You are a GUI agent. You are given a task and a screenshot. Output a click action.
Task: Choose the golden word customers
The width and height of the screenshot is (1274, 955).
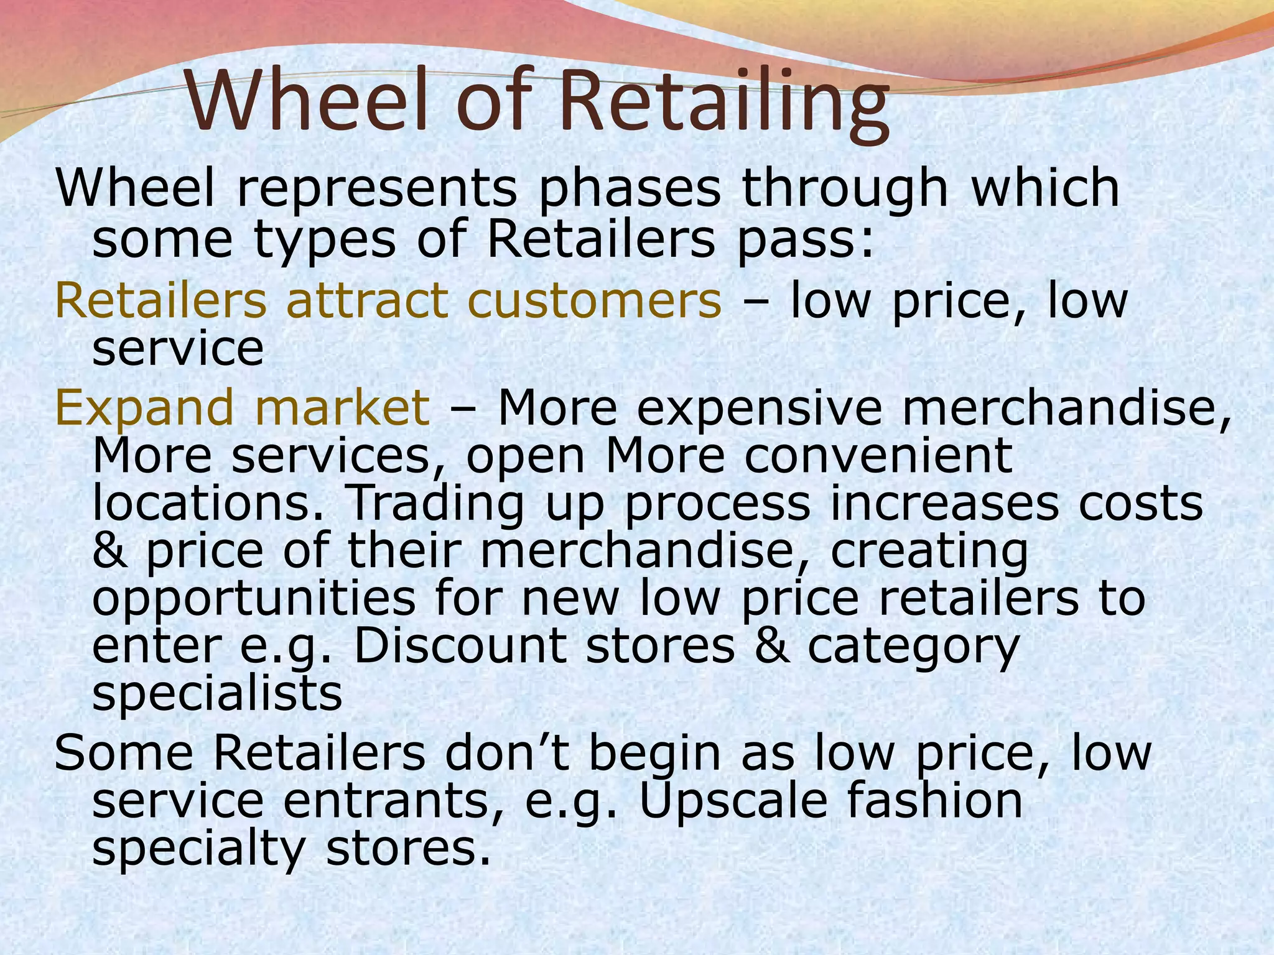tap(595, 300)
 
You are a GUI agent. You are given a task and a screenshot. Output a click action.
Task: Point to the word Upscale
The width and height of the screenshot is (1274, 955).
tap(733, 801)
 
